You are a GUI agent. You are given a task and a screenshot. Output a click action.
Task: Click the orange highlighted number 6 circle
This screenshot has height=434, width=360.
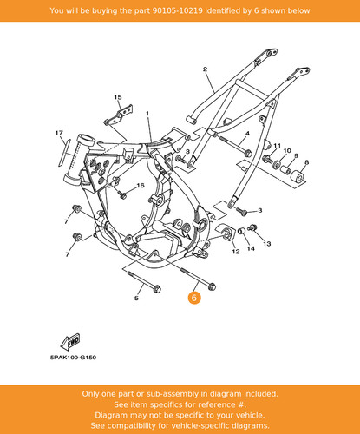[x=194, y=298]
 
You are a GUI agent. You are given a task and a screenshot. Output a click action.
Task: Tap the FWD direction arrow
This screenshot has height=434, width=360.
[x=70, y=342]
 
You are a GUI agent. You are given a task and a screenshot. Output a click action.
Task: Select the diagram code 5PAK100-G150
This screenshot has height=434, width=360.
[x=73, y=358]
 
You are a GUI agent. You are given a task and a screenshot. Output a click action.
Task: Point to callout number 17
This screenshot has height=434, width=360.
[x=59, y=133]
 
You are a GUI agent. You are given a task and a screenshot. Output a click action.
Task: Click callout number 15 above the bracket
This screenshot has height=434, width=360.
[x=118, y=97]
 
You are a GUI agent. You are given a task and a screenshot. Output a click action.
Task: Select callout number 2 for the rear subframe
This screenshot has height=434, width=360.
[x=205, y=69]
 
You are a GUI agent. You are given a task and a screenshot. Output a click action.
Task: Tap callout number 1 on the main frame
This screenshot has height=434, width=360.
[x=147, y=114]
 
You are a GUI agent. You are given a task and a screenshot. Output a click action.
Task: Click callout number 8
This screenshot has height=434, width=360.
[x=307, y=162]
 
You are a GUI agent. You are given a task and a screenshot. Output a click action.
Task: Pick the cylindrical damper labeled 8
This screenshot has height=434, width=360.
[x=298, y=176]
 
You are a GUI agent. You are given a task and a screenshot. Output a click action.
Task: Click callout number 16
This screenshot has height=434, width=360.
[x=141, y=185]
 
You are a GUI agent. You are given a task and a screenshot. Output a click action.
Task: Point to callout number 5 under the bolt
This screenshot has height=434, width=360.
[x=136, y=298]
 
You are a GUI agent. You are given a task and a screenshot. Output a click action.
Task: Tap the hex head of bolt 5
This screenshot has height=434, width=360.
[x=157, y=289]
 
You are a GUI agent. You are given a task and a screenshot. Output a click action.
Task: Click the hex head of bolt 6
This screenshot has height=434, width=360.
[x=212, y=286]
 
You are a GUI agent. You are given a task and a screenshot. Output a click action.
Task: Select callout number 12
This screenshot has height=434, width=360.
[x=236, y=252]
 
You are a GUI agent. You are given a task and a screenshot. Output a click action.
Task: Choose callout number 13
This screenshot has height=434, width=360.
[x=267, y=244]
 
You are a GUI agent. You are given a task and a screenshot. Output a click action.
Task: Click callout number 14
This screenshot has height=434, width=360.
[x=251, y=248]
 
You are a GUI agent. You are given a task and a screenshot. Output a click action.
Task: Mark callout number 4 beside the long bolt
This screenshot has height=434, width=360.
[x=247, y=134]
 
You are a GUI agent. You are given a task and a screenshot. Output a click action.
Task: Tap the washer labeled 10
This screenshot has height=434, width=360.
[x=277, y=165]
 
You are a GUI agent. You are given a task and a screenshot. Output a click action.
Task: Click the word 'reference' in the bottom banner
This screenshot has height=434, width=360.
[x=212, y=404]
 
